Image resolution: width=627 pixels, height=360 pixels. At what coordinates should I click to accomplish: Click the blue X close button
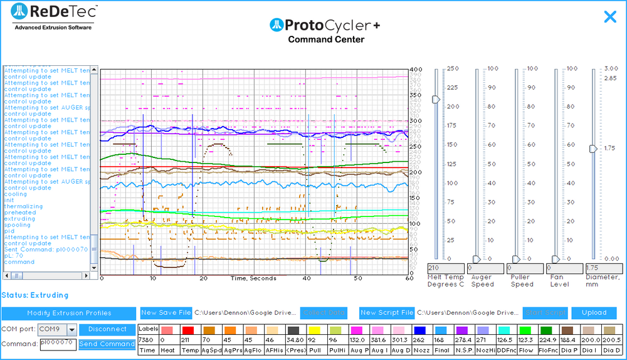(x=610, y=17)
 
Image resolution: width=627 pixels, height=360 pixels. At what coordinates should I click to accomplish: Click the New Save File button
(x=166, y=313)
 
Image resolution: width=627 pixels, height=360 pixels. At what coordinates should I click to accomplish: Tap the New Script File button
(x=386, y=313)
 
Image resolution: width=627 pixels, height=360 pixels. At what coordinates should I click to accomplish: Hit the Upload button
(x=594, y=313)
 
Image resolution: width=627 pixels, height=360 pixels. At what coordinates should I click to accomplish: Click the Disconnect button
(x=107, y=329)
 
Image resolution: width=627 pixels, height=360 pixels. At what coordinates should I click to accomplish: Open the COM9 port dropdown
(x=71, y=330)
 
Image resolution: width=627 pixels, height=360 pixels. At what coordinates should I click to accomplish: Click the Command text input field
(x=58, y=344)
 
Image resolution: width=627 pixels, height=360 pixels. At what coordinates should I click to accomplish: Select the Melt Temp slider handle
(x=436, y=99)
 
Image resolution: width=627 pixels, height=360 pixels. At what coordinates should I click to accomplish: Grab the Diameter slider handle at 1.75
(x=593, y=149)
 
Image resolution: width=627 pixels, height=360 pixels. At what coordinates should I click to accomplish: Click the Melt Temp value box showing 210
(x=445, y=268)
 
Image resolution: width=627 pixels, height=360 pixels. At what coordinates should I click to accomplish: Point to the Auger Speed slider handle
(x=476, y=259)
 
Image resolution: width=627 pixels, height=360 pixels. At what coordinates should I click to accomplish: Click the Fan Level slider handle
(x=555, y=259)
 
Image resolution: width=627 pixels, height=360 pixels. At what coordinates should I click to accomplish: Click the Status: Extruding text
(x=34, y=295)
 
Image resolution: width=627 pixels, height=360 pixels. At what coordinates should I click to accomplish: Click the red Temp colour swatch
(x=187, y=330)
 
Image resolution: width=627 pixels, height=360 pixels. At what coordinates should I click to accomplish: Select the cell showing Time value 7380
(x=147, y=339)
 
